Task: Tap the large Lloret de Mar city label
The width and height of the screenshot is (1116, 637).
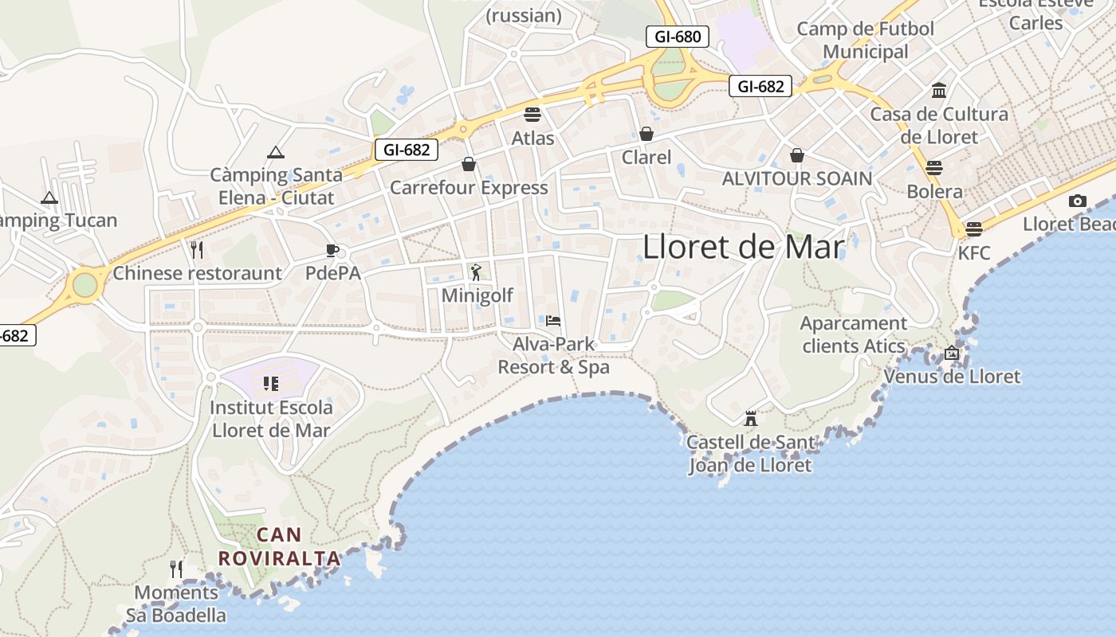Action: coord(743,248)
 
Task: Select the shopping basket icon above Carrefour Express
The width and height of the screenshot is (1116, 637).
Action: coord(469,164)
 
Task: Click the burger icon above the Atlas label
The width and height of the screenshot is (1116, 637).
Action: coord(532,114)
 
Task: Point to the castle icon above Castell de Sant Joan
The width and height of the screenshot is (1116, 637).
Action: coord(750,418)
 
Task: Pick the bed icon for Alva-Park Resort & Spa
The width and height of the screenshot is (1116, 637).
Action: coord(553,321)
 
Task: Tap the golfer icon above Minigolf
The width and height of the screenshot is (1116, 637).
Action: coord(477,272)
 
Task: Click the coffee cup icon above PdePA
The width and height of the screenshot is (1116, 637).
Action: coord(332,250)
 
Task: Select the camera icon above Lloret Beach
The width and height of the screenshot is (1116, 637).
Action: coord(1078,201)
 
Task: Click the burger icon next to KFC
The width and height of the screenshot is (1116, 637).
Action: coord(973,229)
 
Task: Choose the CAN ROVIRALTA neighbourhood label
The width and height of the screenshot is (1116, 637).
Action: coord(280,546)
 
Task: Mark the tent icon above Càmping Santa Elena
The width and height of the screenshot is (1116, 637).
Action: coord(276,151)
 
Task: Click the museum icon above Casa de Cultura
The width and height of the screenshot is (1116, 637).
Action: coord(939,90)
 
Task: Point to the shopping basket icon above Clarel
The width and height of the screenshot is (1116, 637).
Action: coord(646,134)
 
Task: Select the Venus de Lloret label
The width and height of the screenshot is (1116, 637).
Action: coord(952,376)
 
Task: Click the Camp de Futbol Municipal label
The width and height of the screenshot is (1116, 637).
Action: coord(866,41)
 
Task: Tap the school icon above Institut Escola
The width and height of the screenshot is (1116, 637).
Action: coord(271,384)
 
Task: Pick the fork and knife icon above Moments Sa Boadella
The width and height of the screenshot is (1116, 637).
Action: coord(176,569)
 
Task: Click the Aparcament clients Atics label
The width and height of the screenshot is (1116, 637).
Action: coord(854,334)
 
